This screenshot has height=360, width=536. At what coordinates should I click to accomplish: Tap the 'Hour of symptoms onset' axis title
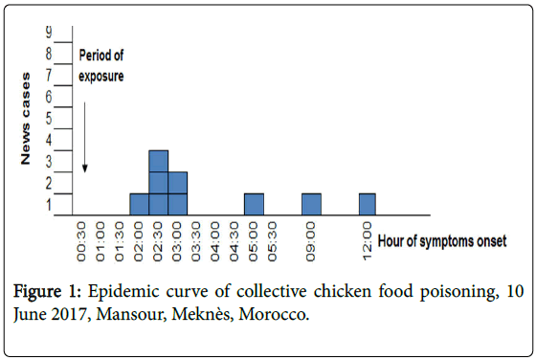tap(443, 240)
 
